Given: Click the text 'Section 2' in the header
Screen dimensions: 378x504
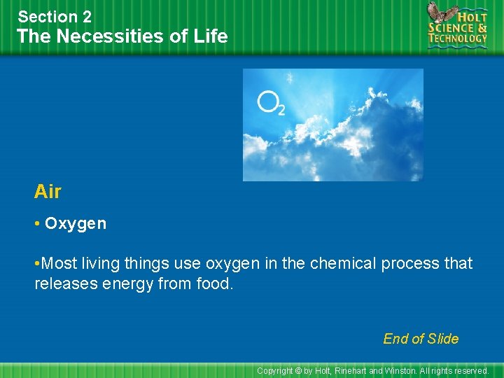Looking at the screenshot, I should pyautogui.click(x=55, y=16).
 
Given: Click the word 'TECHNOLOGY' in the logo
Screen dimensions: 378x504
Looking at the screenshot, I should pyautogui.click(x=458, y=38).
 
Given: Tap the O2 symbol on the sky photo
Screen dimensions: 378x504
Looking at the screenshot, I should pyautogui.click(x=270, y=104).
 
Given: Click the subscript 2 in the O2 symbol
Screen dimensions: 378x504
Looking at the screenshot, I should pyautogui.click(x=281, y=110).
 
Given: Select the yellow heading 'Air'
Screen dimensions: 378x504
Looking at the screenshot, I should pyautogui.click(x=48, y=191).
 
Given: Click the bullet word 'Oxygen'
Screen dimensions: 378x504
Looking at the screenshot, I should pyautogui.click(x=76, y=223).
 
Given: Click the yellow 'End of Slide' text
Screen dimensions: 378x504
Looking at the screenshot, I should pyautogui.click(x=421, y=339).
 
